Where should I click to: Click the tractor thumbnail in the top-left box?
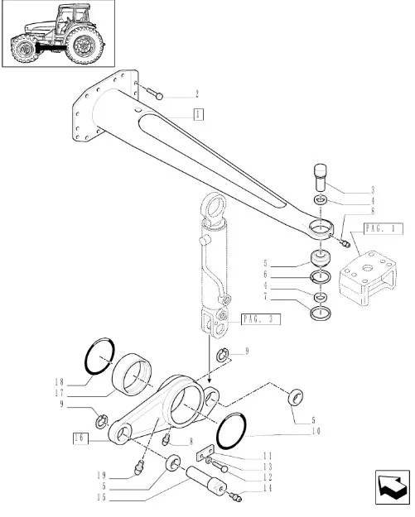(55, 35)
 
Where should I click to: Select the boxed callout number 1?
(198, 114)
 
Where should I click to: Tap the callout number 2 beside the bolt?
(196, 93)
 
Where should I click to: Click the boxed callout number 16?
(80, 437)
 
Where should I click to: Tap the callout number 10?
(316, 430)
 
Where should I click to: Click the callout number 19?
(102, 474)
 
